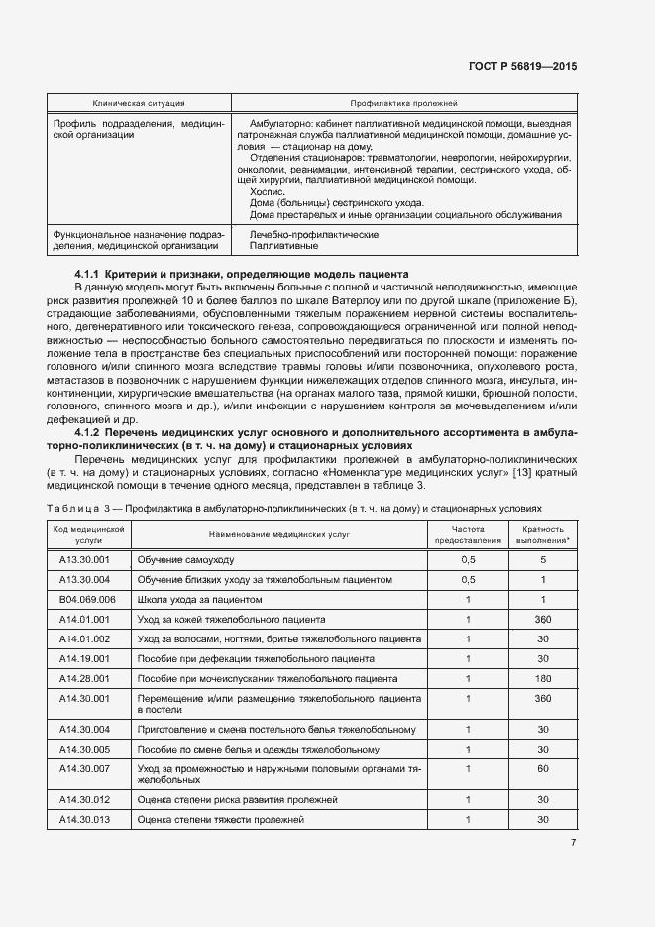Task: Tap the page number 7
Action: (573, 843)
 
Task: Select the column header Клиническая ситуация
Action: (139, 103)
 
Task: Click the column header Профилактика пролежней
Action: (403, 103)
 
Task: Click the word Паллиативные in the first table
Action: (281, 245)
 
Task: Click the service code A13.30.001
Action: (84, 560)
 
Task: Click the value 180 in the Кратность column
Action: (542, 678)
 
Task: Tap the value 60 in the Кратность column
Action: (542, 768)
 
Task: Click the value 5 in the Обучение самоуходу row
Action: (542, 560)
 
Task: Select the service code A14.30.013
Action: (84, 819)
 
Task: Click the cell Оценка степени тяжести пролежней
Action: (219, 819)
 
